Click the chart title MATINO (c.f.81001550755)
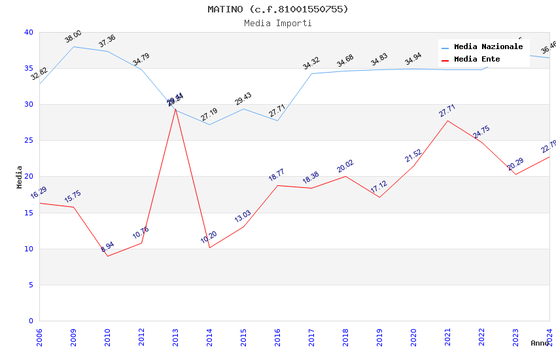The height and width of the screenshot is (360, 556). point(278,9)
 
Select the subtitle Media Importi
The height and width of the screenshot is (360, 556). point(278,23)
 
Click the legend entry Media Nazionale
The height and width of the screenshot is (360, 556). point(488,47)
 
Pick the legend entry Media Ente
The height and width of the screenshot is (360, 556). point(477,60)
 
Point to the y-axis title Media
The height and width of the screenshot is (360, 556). point(20,177)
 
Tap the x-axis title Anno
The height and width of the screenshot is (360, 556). point(540,343)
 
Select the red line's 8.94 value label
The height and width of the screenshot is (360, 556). point(107,247)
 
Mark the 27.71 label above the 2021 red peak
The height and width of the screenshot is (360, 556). point(447,111)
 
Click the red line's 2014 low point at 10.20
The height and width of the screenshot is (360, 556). point(209,247)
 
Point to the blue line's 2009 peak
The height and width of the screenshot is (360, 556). point(73,46)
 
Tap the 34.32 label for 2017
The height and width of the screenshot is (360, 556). point(311,63)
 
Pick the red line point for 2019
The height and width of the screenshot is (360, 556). point(379,198)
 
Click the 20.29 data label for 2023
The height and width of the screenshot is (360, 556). point(515,164)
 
